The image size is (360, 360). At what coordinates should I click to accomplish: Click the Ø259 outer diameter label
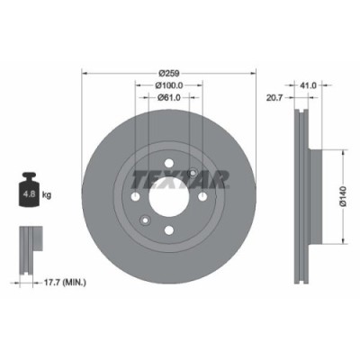(x=167, y=72)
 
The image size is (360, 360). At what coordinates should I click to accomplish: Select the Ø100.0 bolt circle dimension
(x=167, y=85)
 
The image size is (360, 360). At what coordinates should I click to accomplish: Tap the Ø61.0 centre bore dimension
(x=167, y=98)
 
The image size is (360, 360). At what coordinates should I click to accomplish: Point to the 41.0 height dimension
(x=308, y=85)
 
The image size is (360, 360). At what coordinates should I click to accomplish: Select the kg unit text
(x=46, y=193)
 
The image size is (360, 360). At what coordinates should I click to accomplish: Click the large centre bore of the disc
(x=167, y=199)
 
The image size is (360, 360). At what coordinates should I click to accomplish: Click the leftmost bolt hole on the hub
(x=136, y=199)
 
